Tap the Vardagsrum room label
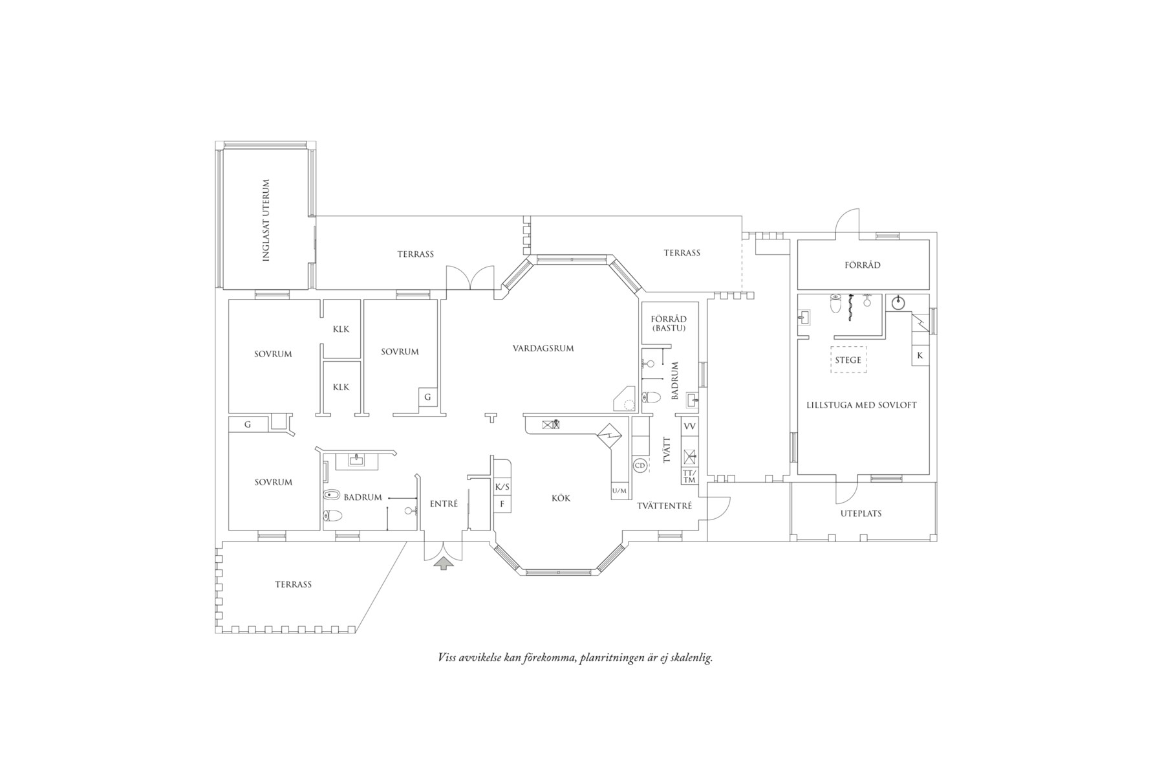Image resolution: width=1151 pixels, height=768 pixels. (543, 348)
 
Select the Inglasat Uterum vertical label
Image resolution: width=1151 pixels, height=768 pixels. (265, 220)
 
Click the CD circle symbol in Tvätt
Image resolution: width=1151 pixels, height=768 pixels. (640, 465)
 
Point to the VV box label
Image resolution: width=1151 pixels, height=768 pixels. (689, 426)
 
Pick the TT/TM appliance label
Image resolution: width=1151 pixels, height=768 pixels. (689, 476)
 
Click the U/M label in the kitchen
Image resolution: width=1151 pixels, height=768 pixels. (619, 491)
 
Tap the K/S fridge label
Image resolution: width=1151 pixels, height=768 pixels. (502, 487)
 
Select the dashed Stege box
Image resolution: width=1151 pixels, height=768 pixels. (848, 360)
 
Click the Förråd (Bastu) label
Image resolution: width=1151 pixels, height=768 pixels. (669, 324)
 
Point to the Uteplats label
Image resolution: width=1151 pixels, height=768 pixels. (861, 514)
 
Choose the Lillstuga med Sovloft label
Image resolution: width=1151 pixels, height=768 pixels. (861, 405)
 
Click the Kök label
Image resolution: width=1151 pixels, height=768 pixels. (561, 498)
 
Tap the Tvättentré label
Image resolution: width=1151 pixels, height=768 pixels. (664, 505)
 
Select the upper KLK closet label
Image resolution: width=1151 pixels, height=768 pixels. (341, 329)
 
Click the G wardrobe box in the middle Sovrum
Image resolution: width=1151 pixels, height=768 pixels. (427, 397)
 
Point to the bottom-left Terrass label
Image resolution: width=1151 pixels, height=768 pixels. (293, 584)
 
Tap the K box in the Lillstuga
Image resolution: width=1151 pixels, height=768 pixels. (920, 356)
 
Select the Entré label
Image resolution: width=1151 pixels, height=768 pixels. (444, 503)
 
